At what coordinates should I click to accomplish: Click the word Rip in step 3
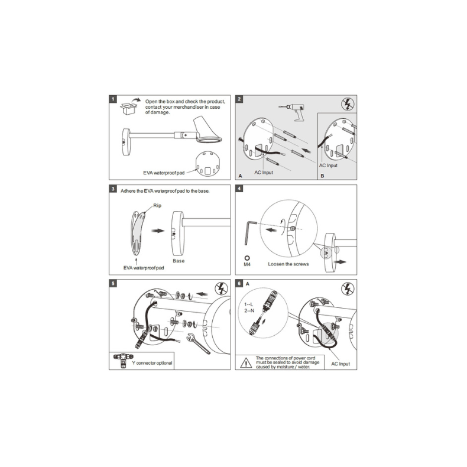click(x=157, y=205)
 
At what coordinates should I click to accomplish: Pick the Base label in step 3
click(x=179, y=261)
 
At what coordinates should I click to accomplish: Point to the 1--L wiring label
click(x=248, y=304)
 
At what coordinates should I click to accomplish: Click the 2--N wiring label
click(x=248, y=310)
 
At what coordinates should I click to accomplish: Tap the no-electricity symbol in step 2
click(x=349, y=104)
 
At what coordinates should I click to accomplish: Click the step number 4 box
click(x=239, y=189)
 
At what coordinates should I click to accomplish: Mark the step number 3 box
click(x=112, y=189)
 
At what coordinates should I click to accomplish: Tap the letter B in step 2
click(x=322, y=176)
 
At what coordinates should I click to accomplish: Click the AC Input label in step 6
click(x=340, y=364)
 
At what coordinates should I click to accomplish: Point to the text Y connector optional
click(x=152, y=363)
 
